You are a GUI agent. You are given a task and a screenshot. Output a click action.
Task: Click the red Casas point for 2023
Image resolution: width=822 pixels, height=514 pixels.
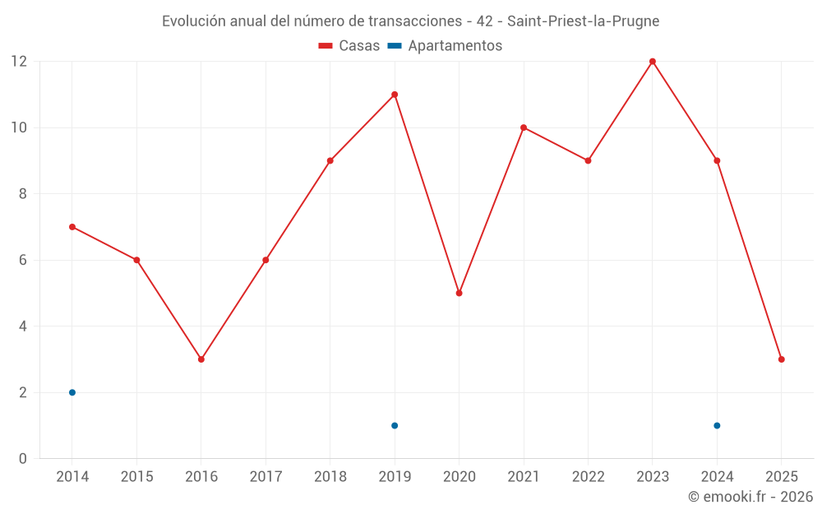click(x=653, y=62)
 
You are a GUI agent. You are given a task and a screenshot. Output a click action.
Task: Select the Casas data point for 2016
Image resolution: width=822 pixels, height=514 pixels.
click(x=201, y=359)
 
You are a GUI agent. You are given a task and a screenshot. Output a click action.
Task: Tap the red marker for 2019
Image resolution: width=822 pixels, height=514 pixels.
click(x=395, y=95)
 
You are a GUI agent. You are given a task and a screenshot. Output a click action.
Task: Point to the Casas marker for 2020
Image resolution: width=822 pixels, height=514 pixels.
click(x=459, y=293)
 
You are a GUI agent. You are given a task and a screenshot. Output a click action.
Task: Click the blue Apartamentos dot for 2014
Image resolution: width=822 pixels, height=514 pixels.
click(x=72, y=392)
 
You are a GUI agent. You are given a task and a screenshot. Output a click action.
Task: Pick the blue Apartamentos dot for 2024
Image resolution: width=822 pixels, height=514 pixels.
click(x=717, y=425)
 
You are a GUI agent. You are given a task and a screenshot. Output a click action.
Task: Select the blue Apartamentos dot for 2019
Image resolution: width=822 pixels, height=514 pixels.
click(x=395, y=425)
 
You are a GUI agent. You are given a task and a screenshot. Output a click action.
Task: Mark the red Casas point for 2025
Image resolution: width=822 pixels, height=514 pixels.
click(x=782, y=359)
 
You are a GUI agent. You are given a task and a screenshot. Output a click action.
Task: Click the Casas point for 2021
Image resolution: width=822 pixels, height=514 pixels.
click(x=524, y=127)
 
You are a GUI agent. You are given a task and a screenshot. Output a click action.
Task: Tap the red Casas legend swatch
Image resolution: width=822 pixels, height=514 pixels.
click(x=326, y=46)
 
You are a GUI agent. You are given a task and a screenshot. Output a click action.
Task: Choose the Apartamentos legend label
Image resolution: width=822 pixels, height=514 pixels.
click(x=455, y=46)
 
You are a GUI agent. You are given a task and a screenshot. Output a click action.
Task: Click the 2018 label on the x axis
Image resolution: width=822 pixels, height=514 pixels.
click(x=330, y=477)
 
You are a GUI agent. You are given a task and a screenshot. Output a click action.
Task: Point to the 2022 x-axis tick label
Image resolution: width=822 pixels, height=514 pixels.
click(x=588, y=477)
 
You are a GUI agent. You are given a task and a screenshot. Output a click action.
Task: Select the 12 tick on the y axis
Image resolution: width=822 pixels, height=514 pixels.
click(x=19, y=62)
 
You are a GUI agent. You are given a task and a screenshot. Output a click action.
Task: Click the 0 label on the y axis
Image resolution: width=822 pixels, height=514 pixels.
click(x=23, y=459)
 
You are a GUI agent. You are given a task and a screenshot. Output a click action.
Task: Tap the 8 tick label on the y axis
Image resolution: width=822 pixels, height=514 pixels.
click(x=23, y=194)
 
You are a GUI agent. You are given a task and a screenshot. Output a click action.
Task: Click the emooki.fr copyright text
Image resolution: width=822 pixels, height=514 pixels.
click(x=750, y=497)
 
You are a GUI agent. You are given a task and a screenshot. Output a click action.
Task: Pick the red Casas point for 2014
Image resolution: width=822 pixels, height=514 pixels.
click(x=72, y=227)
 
